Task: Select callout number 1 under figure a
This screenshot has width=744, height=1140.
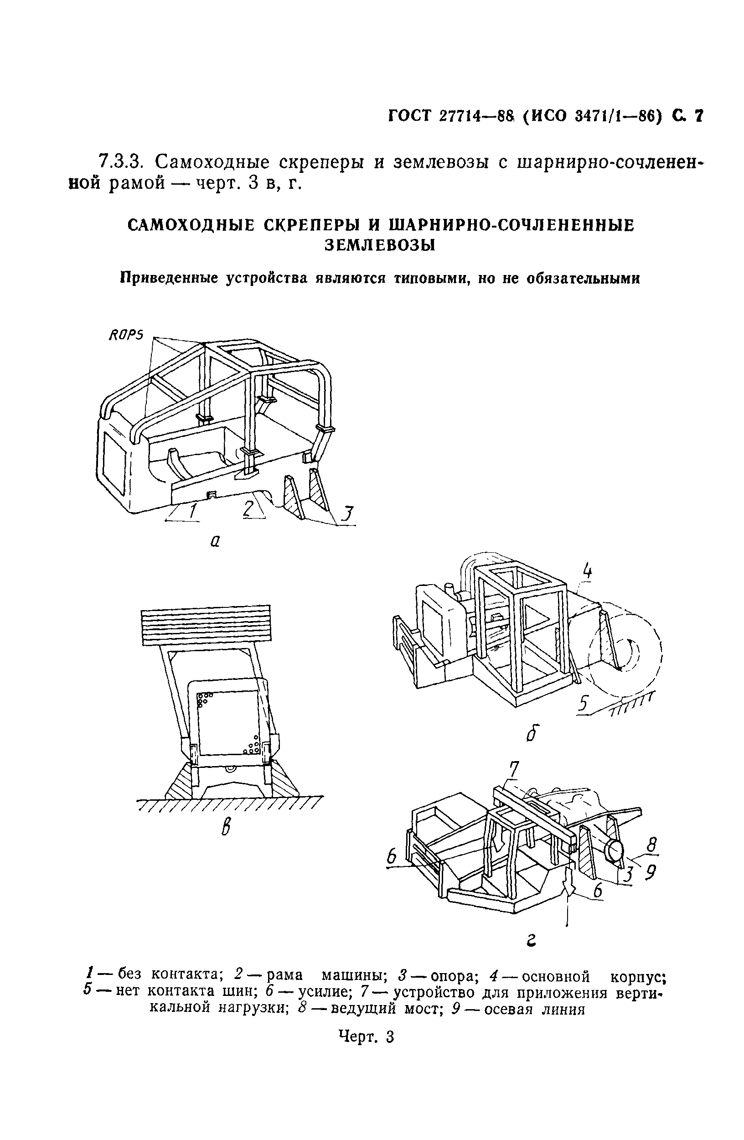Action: pyautogui.click(x=192, y=512)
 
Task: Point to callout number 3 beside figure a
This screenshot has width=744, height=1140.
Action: pyautogui.click(x=347, y=515)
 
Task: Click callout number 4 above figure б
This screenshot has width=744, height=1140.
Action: pyautogui.click(x=587, y=571)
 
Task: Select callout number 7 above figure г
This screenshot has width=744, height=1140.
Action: pyautogui.click(x=513, y=769)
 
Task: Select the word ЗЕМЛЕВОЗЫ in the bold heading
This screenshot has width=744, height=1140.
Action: pyautogui.click(x=380, y=245)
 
